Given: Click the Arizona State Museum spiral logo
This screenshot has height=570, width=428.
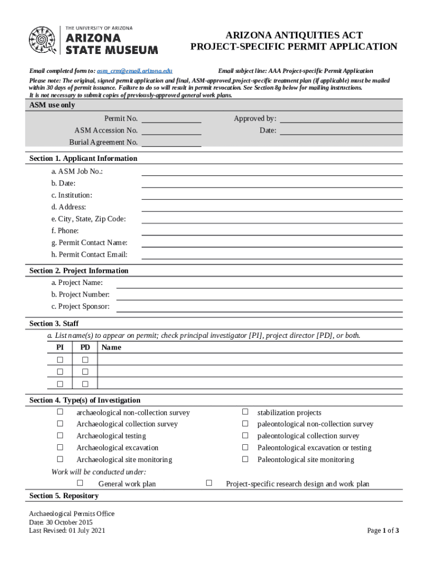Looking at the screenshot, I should click(43, 41).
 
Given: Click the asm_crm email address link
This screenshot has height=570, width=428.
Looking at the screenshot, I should click(135, 71).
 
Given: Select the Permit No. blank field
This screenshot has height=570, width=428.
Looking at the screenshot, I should click(172, 119).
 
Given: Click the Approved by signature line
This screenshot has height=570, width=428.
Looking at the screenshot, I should click(341, 119).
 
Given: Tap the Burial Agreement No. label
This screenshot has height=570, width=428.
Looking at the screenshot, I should click(103, 142).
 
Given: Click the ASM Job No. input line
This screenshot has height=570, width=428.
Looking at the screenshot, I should click(272, 171).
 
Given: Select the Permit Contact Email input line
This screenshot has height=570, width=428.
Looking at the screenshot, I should click(272, 255).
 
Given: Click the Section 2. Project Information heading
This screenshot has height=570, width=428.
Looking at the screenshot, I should click(79, 271).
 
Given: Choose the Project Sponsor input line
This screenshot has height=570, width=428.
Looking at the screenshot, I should click(259, 307).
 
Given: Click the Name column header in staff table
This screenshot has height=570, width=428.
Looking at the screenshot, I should click(111, 347).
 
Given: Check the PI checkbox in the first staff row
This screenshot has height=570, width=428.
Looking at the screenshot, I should click(60, 360).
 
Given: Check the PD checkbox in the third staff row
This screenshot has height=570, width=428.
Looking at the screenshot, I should click(85, 384).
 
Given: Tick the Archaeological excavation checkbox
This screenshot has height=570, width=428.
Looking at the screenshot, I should click(60, 448).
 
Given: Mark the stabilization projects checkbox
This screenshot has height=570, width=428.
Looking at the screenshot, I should click(245, 412).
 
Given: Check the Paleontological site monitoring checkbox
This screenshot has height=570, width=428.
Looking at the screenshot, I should click(245, 459).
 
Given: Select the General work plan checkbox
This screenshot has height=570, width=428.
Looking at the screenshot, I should click(80, 483).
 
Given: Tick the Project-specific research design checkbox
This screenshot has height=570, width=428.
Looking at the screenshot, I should click(209, 483).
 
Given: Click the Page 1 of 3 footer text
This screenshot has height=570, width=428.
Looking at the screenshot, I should click(383, 530).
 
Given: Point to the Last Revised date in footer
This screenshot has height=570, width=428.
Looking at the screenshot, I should click(67, 530).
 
